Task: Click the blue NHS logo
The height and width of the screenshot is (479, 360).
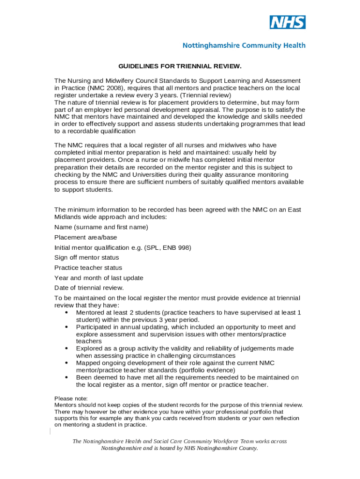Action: click(288, 22)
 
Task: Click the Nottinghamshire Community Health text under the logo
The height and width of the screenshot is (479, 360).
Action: click(244, 45)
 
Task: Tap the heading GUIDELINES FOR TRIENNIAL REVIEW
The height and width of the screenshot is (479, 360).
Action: click(180, 66)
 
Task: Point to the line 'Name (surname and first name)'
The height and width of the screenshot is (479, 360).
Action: click(101, 227)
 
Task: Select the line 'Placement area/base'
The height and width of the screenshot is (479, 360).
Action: click(86, 238)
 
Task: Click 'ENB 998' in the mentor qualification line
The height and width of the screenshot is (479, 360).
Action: click(177, 247)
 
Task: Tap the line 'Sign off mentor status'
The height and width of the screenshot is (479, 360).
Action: click(86, 258)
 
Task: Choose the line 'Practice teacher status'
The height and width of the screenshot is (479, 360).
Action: click(88, 268)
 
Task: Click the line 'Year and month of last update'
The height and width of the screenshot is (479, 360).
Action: click(99, 278)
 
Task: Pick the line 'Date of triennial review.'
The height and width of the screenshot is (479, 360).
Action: click(89, 288)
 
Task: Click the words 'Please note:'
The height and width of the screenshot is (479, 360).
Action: click(71, 399)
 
